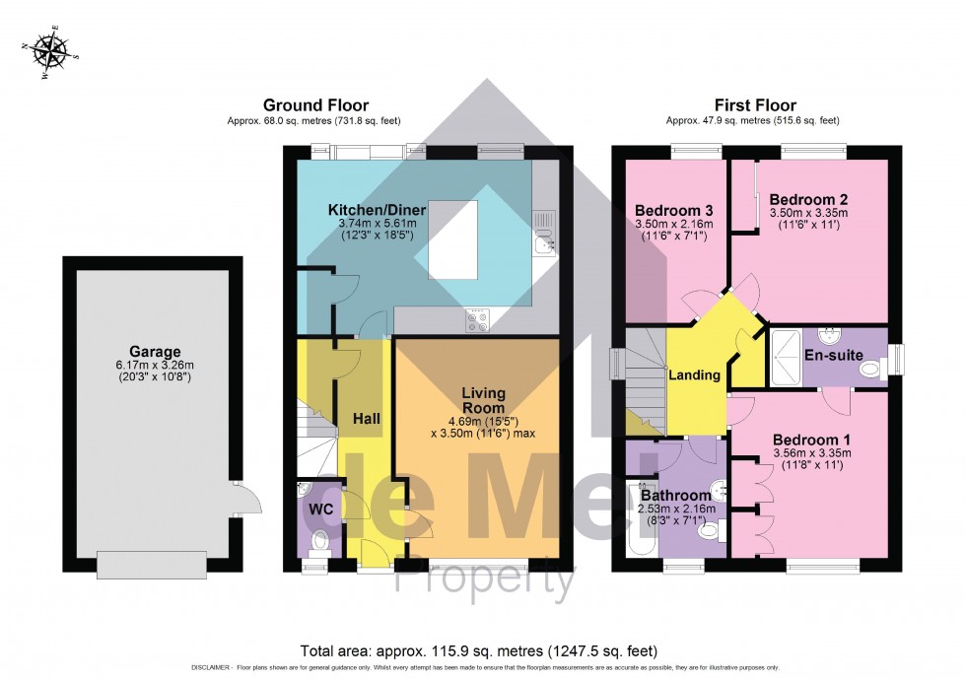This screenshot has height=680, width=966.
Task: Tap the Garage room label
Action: pyautogui.click(x=154, y=351)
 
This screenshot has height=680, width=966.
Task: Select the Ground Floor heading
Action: pyautogui.click(x=315, y=104)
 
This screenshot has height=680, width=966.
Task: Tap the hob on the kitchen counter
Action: pyautogui.click(x=478, y=317)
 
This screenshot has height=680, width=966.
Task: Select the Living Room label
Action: pyautogui.click(x=483, y=400)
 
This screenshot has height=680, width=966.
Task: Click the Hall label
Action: pyautogui.click(x=367, y=419)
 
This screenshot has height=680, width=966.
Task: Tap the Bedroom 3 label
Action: pyautogui.click(x=673, y=211)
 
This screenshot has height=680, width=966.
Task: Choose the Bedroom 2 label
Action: pyautogui.click(x=808, y=198)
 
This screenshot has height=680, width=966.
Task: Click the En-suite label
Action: pyautogui.click(x=828, y=355)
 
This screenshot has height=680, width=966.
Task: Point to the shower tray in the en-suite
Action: pyautogui.click(x=787, y=356)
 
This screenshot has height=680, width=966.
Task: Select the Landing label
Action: pyautogui.click(x=695, y=374)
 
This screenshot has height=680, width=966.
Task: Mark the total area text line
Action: pyautogui.click(x=480, y=651)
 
